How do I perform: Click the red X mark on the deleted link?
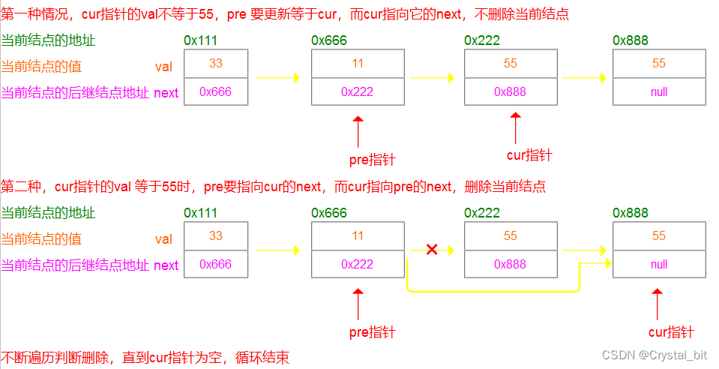tap(432, 249)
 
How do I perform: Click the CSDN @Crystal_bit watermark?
tap(655, 355)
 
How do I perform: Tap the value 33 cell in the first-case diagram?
tap(216, 64)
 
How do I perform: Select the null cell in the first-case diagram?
tap(659, 92)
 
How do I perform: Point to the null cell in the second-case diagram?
tap(659, 264)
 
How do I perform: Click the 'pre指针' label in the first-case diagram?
tap(372, 159)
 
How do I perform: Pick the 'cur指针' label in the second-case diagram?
tap(671, 332)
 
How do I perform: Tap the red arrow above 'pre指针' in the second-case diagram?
tap(358, 304)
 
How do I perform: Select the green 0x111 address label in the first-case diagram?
tap(200, 40)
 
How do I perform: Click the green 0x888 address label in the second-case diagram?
tap(631, 213)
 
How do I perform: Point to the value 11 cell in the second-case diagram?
tap(358, 235)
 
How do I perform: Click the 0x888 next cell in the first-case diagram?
tap(510, 92)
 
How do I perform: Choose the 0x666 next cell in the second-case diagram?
tap(216, 264)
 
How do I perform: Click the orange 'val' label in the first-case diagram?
tap(163, 67)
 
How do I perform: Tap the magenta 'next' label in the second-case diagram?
tap(166, 265)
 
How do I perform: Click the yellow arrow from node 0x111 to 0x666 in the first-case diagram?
tap(277, 77)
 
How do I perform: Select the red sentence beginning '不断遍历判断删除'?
tap(145, 357)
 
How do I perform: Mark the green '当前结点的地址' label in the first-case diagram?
tap(49, 40)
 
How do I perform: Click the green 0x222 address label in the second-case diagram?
tap(482, 213)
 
